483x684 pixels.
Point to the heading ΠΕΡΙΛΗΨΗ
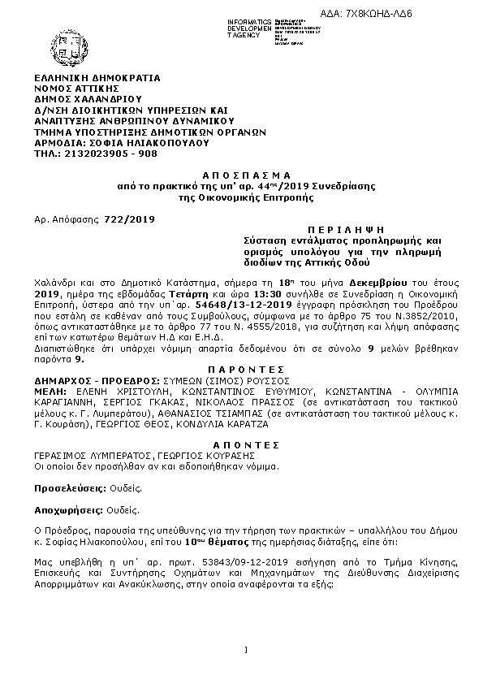point(330,231)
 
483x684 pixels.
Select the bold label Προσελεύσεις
point(68,490)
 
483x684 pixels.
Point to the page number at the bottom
point(244,649)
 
